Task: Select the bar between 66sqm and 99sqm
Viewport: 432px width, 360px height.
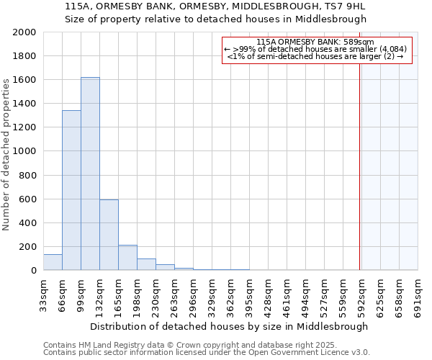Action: tap(71, 190)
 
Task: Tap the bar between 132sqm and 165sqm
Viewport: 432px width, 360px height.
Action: tap(109, 235)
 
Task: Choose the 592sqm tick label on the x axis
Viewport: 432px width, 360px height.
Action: tap(361, 294)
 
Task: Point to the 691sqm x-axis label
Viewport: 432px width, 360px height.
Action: tap(418, 294)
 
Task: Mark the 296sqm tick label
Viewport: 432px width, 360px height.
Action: tap(193, 294)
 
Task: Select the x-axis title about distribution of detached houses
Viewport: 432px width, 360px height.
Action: tap(230, 326)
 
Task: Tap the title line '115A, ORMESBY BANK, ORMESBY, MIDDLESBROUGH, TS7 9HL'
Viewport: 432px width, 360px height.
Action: tap(215, 6)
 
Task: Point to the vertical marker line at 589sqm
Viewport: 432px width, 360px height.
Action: tap(360, 166)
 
